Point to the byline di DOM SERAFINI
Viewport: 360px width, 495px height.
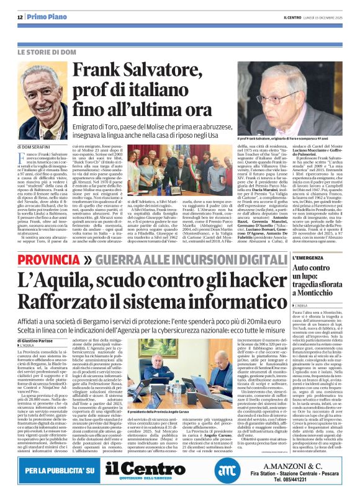[x=40, y=146]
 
